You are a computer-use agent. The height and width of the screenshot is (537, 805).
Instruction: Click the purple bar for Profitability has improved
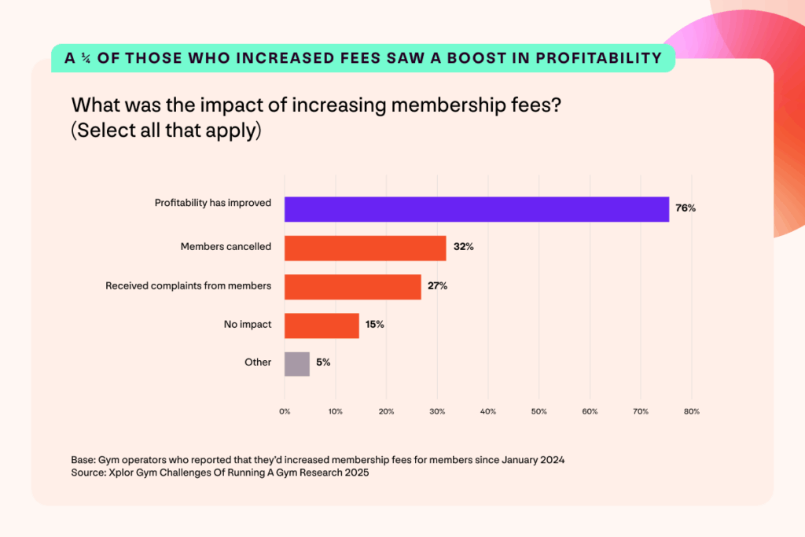476,209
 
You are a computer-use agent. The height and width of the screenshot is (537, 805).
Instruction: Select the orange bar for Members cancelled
365,248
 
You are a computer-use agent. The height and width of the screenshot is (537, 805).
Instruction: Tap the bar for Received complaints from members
352,286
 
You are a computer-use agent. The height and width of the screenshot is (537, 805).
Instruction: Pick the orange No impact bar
322,326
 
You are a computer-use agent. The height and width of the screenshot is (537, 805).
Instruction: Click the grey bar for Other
297,363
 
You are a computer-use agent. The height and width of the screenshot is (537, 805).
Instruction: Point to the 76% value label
686,209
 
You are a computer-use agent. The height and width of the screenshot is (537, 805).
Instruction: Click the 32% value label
462,248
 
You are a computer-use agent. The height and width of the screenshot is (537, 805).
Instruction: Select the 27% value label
437,286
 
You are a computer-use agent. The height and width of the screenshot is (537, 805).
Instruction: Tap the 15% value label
374,325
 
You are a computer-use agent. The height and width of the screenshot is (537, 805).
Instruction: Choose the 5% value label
322,363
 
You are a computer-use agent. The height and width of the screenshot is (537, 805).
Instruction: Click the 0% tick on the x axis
285,411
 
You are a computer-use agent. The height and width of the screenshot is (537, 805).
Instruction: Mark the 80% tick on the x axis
691,411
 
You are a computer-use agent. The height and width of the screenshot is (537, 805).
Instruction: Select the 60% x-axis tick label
590,411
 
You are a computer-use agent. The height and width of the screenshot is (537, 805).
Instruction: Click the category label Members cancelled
226,247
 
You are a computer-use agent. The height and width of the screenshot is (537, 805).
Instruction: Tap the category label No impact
248,324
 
